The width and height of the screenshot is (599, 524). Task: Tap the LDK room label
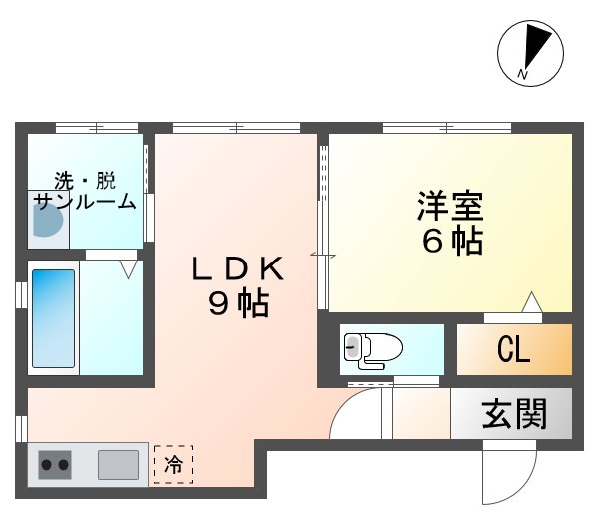(x=240, y=267)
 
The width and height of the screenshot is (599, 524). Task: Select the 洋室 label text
(x=450, y=207)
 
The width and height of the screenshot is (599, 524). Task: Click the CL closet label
(x=513, y=350)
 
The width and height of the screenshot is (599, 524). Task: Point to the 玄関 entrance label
(x=514, y=413)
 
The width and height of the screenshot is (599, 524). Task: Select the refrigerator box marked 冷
(x=173, y=463)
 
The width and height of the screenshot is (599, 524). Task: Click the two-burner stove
(x=55, y=464)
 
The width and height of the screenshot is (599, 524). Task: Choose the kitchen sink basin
(x=118, y=464)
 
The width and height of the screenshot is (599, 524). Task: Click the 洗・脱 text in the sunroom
(x=85, y=181)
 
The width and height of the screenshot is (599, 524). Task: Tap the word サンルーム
(x=85, y=201)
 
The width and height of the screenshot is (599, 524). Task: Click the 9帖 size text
(x=239, y=305)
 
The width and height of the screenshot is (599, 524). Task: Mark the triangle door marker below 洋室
(x=532, y=301)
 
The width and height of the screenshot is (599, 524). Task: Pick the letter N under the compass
(x=523, y=75)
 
